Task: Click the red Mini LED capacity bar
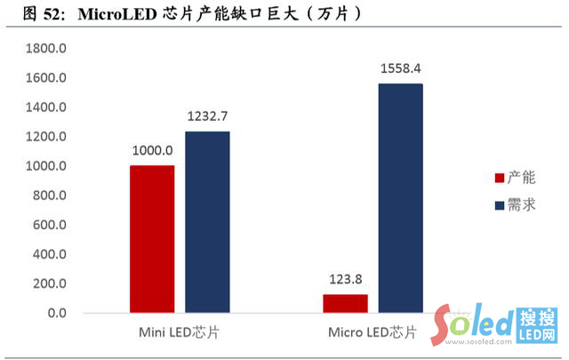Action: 152,238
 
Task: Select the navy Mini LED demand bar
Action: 207,222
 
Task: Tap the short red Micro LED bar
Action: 345,303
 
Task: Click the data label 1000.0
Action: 152,151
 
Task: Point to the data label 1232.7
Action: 207,116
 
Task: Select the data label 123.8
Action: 345,280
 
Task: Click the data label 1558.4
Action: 401,68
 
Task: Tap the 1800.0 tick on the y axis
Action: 45,49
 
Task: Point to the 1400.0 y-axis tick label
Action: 45,108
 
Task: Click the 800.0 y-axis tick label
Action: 48,196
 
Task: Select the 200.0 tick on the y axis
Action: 48,284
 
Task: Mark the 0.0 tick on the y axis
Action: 55,313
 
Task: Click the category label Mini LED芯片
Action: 179,333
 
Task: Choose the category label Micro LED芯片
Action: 371,333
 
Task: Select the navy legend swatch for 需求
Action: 499,206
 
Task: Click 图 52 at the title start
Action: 34,13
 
